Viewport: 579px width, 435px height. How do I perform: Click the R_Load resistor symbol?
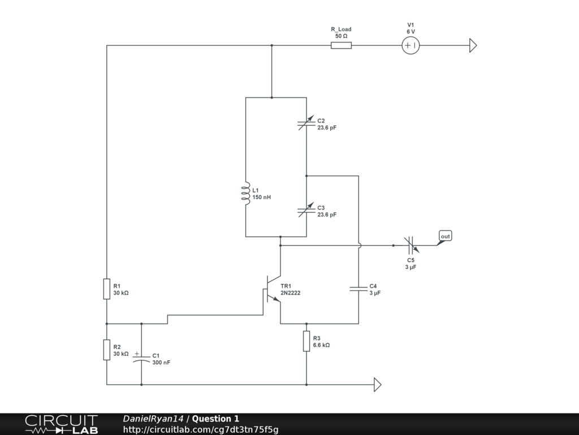coord(341,45)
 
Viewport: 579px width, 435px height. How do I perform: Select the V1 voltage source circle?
coord(411,45)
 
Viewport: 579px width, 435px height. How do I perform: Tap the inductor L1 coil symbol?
coord(245,194)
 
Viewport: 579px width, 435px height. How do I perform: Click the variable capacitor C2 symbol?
coord(306,123)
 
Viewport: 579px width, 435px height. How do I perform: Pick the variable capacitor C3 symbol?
coord(306,210)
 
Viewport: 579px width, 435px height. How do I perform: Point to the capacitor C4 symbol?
coord(358,288)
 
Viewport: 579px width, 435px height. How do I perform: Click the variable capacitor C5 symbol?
coord(411,245)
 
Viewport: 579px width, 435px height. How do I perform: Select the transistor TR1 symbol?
coord(272,289)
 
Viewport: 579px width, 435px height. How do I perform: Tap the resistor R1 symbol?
coord(107,289)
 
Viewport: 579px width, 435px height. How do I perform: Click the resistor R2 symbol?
coord(107,349)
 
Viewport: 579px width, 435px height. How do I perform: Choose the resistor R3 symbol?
coord(306,341)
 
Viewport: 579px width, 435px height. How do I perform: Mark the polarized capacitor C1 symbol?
coord(141,357)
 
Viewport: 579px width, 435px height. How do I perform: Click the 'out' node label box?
coord(446,236)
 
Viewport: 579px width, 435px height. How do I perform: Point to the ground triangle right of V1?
coord(473,45)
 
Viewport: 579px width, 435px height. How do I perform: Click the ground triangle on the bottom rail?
coord(377,385)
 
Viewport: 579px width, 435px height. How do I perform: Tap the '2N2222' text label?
coord(290,293)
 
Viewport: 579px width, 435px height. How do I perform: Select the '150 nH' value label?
coord(261,197)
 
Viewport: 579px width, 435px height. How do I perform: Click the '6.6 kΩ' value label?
coord(321,345)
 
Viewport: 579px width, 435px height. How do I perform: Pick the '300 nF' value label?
coord(161,362)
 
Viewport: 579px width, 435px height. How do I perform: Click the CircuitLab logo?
coord(61,424)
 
